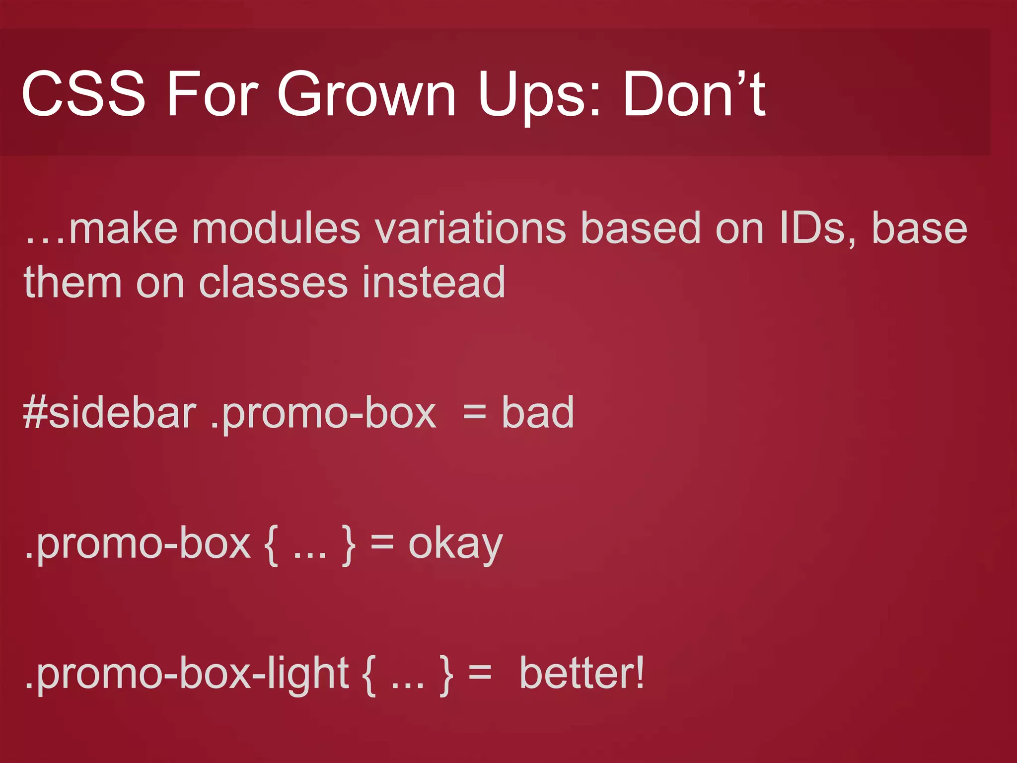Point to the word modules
pyautogui.click(x=276, y=229)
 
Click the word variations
pyautogui.click(x=470, y=229)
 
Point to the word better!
pyautogui.click(x=581, y=674)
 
